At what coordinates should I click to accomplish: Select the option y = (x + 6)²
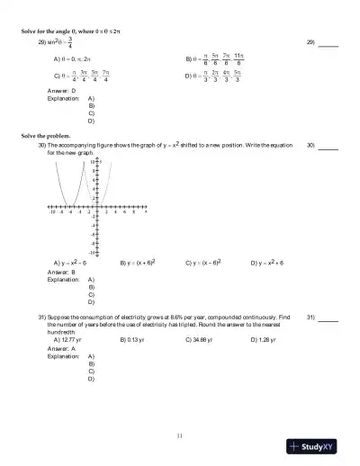coord(139,263)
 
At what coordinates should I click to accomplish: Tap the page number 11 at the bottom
coord(180,435)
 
